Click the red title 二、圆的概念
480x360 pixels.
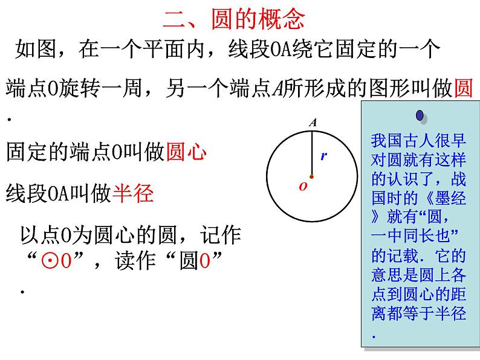coord(234,19)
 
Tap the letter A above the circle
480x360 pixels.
coord(313,123)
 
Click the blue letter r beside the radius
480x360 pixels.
coord(323,156)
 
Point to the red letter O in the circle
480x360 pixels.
coord(303,187)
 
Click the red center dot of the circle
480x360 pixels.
coord(312,177)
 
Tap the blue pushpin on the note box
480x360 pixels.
coord(420,115)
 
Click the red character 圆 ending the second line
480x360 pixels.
coord(463,89)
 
